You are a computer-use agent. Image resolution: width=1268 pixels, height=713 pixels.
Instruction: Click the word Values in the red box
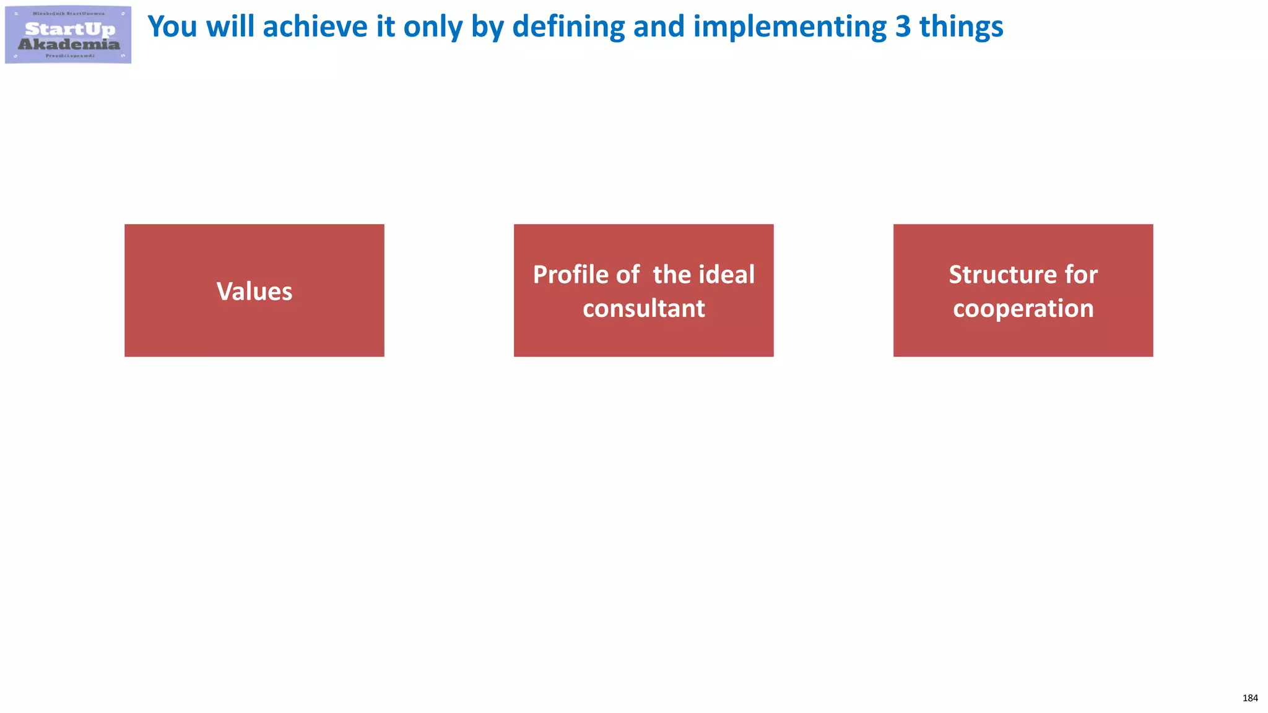coord(254,292)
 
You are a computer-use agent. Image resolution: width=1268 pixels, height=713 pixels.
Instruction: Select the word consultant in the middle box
coord(643,308)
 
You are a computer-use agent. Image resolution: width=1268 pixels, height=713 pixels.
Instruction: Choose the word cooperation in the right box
coord(1023,308)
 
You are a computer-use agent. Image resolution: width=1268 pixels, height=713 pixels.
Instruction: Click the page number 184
coord(1250,698)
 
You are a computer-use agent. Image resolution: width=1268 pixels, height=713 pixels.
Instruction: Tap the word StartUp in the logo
coord(70,29)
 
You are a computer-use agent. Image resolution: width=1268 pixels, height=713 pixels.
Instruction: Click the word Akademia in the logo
coord(69,44)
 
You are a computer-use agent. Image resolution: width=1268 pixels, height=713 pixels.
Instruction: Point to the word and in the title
coord(659,27)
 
